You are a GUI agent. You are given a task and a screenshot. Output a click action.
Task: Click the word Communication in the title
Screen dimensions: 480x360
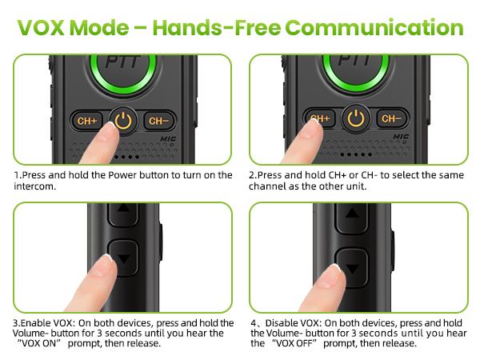click(x=374, y=27)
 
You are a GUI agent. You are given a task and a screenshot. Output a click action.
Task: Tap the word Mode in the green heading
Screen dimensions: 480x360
click(x=99, y=27)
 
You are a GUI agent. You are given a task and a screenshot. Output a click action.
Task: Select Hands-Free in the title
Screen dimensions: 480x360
click(x=217, y=27)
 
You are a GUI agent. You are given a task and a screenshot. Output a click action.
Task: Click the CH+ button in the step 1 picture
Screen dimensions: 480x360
click(x=87, y=121)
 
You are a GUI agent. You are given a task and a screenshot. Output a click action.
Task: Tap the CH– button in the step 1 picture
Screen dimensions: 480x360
click(x=159, y=121)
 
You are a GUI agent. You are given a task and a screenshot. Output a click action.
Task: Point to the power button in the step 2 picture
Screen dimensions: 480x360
click(x=356, y=118)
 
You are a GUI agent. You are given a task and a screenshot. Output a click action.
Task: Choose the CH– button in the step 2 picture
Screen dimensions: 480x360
click(x=391, y=118)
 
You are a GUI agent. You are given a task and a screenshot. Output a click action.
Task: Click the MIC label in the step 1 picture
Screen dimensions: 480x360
click(x=168, y=139)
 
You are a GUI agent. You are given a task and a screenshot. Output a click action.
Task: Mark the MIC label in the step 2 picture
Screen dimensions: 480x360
click(x=401, y=137)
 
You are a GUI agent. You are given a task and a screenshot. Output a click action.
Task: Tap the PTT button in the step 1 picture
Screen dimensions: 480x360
click(x=123, y=70)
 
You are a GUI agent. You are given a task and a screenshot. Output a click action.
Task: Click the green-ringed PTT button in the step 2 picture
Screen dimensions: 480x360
click(x=356, y=70)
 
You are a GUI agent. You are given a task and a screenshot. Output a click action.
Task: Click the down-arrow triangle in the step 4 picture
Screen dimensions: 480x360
click(x=352, y=270)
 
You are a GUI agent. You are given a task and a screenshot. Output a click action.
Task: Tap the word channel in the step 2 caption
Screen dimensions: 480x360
click(x=267, y=186)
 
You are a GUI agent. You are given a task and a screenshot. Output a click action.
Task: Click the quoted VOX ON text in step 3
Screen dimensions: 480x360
click(x=38, y=343)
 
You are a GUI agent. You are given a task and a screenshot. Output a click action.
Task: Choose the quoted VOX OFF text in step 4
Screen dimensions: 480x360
click(x=294, y=343)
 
